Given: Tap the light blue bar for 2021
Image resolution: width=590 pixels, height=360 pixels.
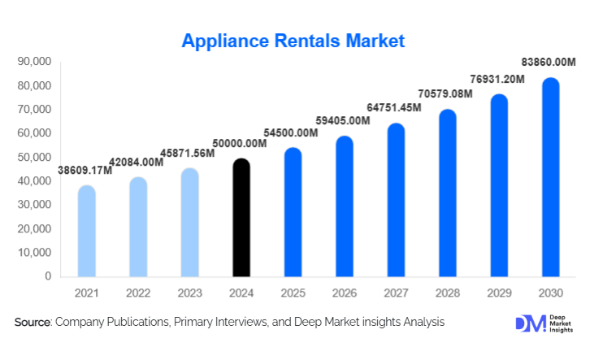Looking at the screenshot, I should point(87,232).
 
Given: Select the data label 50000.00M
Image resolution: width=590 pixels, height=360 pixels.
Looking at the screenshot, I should point(241,143).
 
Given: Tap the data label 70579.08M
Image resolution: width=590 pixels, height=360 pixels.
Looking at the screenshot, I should point(448,94).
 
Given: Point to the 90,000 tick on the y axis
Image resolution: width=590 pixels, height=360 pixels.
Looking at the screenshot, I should point(34,62).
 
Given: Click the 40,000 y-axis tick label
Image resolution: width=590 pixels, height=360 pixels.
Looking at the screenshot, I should point(34,181).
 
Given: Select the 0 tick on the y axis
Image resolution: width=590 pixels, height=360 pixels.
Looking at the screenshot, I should point(48,276).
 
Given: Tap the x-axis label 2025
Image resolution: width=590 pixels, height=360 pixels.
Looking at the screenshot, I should point(293,292).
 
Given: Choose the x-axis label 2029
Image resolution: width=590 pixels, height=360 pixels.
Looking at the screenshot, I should point(498,292).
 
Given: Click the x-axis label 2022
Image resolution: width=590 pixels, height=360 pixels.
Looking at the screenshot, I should point(138,292).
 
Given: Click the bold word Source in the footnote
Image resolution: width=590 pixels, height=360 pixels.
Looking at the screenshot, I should point(33,323).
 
